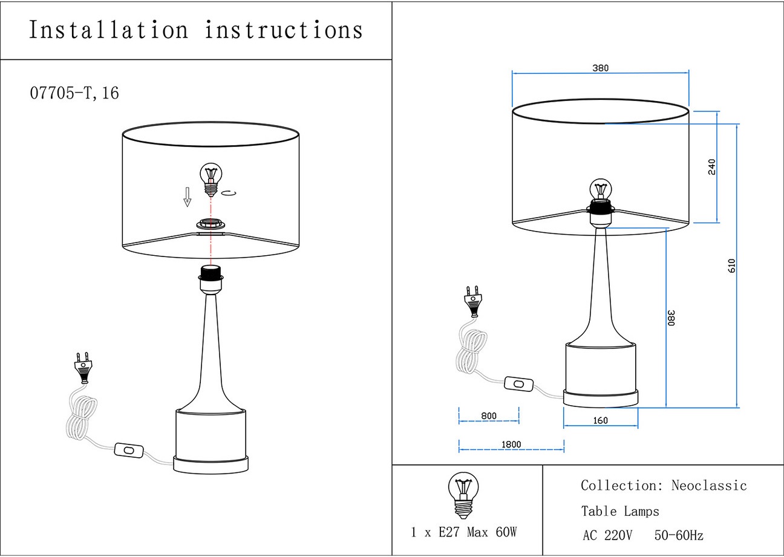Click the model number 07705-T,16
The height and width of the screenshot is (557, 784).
point(74,93)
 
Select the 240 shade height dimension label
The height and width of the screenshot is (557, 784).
point(711,166)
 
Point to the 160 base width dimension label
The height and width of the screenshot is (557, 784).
point(600,420)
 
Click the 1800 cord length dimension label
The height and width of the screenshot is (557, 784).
point(511,445)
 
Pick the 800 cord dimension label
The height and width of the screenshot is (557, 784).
point(489,416)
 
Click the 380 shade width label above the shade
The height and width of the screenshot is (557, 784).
point(600,68)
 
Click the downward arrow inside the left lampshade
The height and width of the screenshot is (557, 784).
point(188,197)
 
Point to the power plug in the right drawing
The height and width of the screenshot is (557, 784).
point(472,301)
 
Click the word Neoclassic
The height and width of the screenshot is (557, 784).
point(709,486)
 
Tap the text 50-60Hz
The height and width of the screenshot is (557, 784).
point(679,535)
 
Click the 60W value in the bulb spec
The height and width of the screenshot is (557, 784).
point(505,533)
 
